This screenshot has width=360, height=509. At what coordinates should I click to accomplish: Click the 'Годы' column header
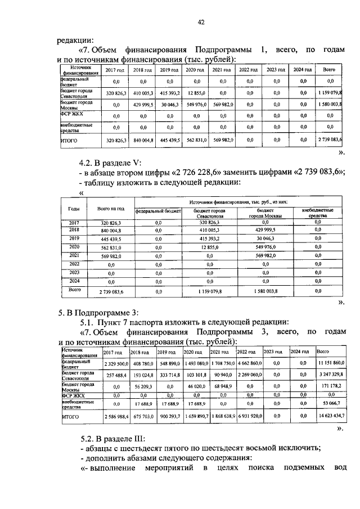pyautogui.click(x=73, y=208)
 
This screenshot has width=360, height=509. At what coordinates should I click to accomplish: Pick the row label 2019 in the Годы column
pyautogui.click(x=74, y=238)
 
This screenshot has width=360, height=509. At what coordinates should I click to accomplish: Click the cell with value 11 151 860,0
pyautogui.click(x=330, y=364)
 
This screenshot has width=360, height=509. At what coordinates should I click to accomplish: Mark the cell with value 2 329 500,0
pyautogui.click(x=115, y=364)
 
